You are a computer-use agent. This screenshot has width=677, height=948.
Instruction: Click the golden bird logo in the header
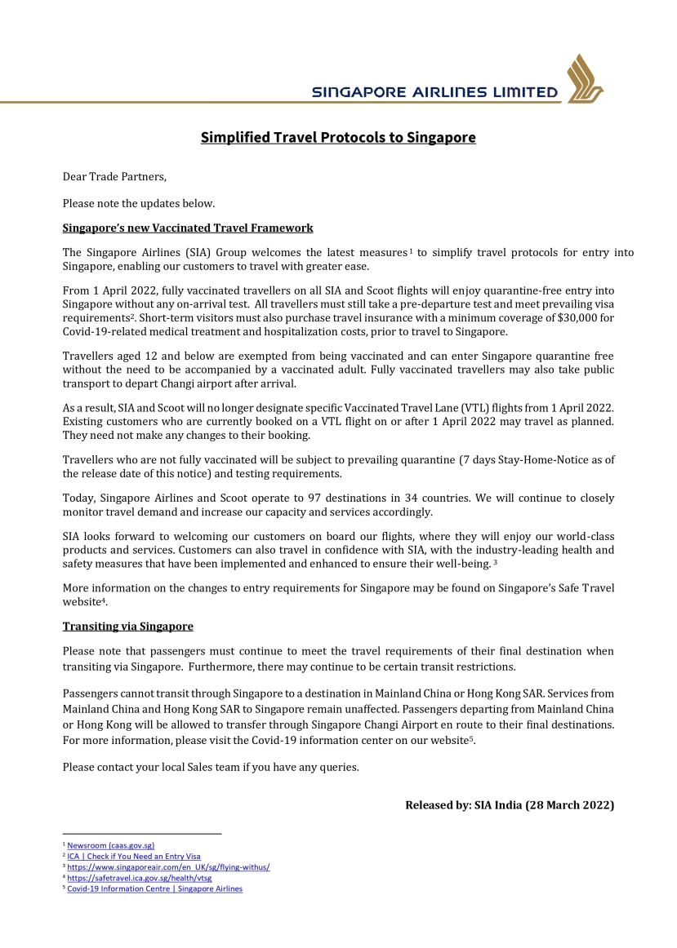[585, 78]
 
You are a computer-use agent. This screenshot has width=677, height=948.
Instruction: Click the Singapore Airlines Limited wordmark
[434, 93]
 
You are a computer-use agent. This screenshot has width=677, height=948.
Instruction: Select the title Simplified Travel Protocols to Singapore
[338, 137]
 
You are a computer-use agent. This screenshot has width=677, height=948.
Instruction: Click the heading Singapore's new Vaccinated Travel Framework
[188, 228]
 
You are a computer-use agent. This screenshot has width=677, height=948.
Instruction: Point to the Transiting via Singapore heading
[128, 626]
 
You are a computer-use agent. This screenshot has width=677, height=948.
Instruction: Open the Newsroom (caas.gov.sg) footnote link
[110, 845]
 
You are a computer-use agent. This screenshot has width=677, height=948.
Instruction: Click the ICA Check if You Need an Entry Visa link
[133, 857]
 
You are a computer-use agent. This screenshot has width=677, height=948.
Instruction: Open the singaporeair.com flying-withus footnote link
[168, 867]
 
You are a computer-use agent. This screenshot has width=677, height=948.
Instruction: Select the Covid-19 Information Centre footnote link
[154, 888]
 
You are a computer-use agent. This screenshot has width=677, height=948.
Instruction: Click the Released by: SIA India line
[510, 805]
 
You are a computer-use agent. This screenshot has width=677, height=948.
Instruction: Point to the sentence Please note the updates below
[139, 202]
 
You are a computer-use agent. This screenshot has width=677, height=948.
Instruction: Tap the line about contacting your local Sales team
[211, 767]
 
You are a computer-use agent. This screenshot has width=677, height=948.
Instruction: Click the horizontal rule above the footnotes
[142, 834]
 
